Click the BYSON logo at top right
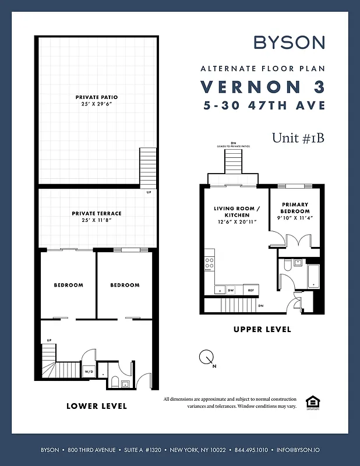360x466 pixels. pyautogui.click(x=290, y=43)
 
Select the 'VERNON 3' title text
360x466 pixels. pyautogui.click(x=263, y=87)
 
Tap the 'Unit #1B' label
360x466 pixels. pyautogui.click(x=298, y=138)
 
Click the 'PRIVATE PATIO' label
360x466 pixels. pyautogui.click(x=97, y=97)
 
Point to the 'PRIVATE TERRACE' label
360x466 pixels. pyautogui.click(x=97, y=214)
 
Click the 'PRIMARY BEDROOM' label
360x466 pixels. pyautogui.click(x=295, y=208)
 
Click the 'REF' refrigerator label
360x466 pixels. pyautogui.click(x=252, y=290)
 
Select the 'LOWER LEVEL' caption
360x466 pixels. pyautogui.click(x=97, y=405)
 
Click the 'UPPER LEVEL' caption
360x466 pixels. pyautogui.click(x=262, y=329)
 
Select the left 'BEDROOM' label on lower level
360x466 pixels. pyautogui.click(x=69, y=285)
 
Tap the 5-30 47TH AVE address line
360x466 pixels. pyautogui.click(x=263, y=106)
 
